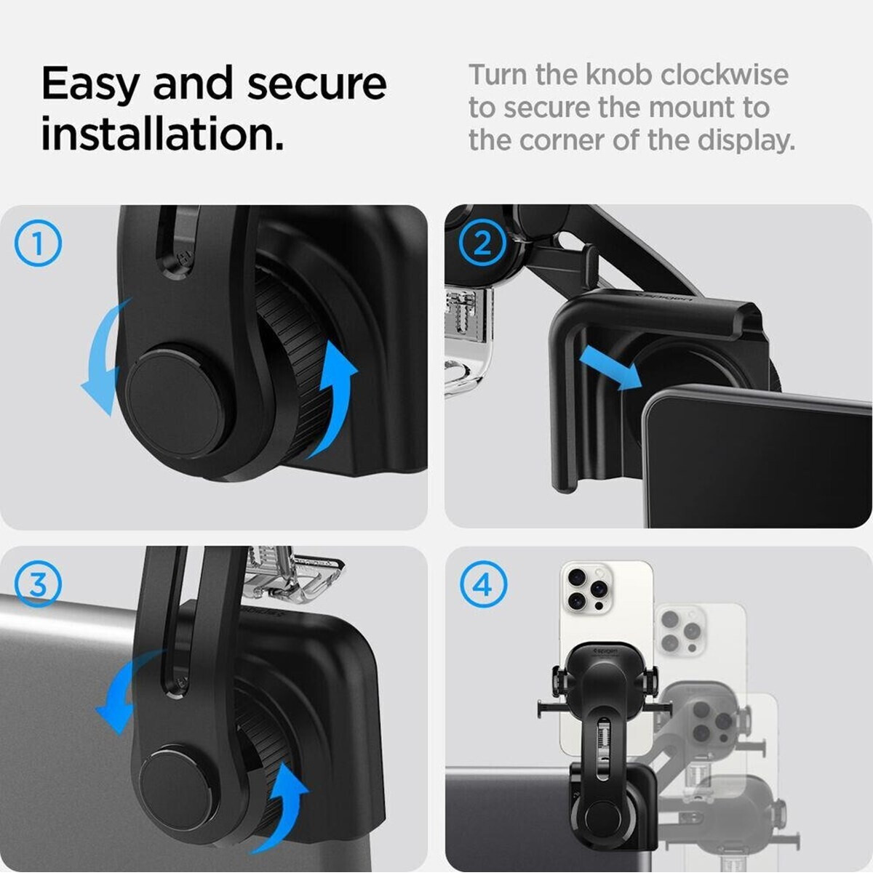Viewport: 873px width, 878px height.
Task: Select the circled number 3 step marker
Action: [38, 584]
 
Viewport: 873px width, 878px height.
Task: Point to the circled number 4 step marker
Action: [484, 584]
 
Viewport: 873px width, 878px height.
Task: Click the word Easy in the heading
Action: [89, 85]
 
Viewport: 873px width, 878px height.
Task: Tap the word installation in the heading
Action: [162, 134]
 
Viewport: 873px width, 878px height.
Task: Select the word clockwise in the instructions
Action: [725, 75]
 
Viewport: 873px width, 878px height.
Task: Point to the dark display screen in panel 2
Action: [757, 460]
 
